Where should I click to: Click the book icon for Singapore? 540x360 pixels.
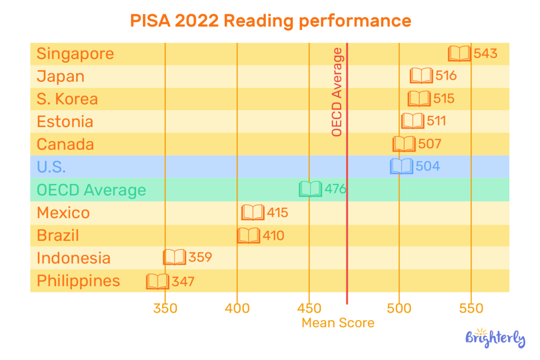click(459, 53)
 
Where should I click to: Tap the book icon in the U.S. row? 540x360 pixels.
click(401, 167)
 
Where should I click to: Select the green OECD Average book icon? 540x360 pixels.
click(311, 189)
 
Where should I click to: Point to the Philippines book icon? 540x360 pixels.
click(158, 281)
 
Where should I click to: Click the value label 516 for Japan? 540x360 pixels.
click(446, 76)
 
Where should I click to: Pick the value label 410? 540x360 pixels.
click(273, 235)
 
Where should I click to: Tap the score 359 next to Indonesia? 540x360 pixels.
click(201, 258)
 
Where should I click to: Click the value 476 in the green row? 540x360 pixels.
click(335, 189)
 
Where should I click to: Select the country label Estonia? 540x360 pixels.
click(65, 122)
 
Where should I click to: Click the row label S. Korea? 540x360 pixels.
click(67, 99)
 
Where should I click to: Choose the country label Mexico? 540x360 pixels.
click(63, 213)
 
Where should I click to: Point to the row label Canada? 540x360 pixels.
click(65, 144)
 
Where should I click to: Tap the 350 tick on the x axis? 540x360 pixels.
click(165, 309)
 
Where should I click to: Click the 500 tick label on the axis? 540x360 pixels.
click(399, 309)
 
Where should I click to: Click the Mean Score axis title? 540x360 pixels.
click(338, 323)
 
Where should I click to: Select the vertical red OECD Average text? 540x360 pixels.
click(337, 92)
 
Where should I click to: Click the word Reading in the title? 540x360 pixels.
click(258, 21)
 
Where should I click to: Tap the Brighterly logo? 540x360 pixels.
click(495, 337)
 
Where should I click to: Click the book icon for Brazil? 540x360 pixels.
click(249, 235)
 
